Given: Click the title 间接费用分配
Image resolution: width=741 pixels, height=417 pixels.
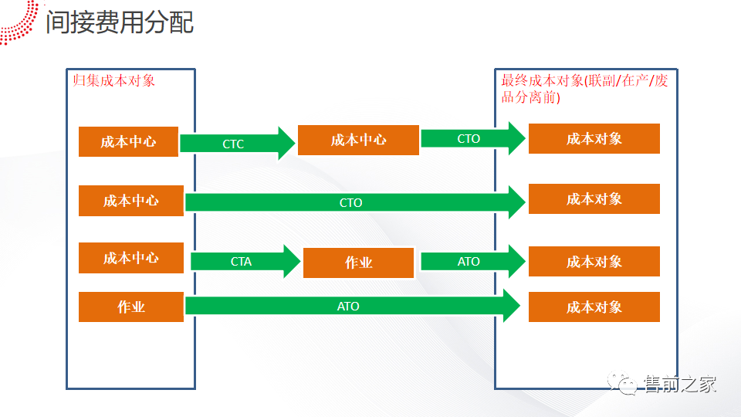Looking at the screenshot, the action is coord(120,22).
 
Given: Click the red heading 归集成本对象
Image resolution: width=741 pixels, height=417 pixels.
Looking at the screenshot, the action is coord(114,80).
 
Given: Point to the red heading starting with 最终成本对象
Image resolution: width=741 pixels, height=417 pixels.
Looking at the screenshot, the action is coord(584,88).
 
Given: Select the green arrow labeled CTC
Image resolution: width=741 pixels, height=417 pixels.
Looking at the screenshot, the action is coord(238,144).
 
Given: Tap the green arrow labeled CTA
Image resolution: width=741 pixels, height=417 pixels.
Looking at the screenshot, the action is coord(245,262).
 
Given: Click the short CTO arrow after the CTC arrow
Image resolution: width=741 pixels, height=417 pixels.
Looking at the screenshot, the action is coord(473,138).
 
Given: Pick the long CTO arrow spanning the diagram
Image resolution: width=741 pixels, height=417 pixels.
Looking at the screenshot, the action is coord(355,202).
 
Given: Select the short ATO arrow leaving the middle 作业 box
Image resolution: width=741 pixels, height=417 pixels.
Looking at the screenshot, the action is coord(473,262).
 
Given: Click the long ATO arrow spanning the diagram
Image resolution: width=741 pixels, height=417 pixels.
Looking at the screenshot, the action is coord(353,307).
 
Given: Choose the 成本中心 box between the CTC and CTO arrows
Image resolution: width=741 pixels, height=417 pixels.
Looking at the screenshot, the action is coord(358,140).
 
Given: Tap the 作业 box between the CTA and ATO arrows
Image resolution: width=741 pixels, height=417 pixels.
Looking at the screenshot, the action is coord(358,263).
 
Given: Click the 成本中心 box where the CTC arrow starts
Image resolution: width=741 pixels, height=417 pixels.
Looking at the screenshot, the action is coord(128,141).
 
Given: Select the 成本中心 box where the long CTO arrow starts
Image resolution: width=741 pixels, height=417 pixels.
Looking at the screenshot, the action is coord(131,201).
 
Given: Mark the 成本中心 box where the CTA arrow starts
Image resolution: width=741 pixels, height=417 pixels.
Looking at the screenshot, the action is coord(131,258).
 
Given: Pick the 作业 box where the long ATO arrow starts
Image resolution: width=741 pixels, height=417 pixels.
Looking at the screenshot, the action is coord(131,307).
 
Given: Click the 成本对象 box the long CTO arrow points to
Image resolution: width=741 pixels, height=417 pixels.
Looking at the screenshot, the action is coord(594,199).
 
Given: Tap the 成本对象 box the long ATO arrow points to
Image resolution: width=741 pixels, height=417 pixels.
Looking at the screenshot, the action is coord(594,307).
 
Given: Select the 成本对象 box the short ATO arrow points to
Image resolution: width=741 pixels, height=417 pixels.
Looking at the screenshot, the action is coord(594,262).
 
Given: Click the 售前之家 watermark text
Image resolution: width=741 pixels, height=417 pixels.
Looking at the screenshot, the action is coord(680,384).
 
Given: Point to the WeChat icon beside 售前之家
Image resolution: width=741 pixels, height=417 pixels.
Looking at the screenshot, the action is coord(622,383).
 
